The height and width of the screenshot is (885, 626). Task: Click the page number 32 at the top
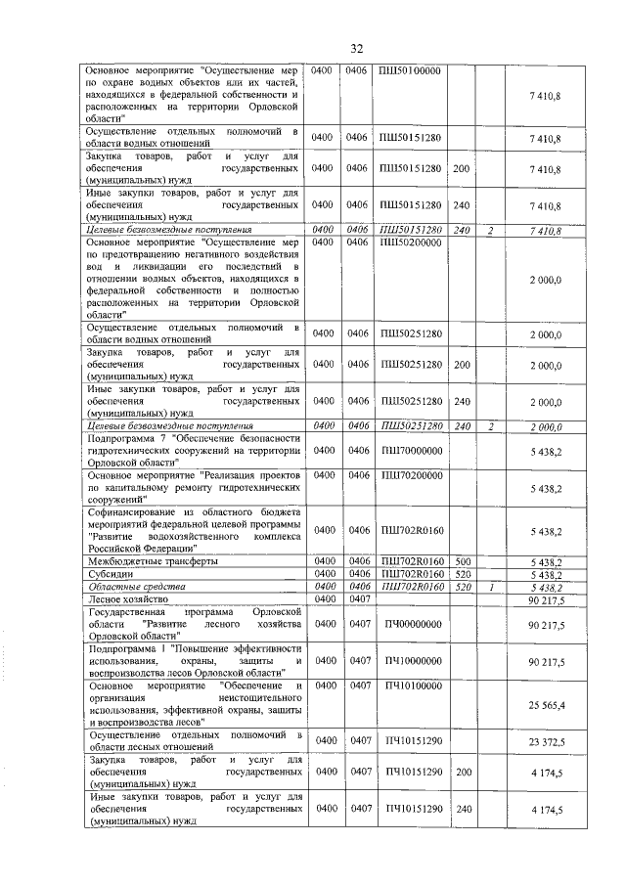coord(357,49)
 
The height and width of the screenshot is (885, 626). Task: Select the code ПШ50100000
coord(412,71)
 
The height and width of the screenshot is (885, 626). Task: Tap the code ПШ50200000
coord(412,242)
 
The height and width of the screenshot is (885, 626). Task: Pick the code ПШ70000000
coord(412,450)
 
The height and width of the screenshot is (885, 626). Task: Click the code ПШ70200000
coord(412,474)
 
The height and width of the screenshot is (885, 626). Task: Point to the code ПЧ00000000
coord(412,623)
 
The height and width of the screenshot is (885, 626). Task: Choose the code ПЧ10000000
coord(412,662)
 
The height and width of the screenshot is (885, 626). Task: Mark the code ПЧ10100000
coord(412,687)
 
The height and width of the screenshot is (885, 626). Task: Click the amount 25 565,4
coord(545,704)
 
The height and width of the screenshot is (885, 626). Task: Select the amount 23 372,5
coord(545,742)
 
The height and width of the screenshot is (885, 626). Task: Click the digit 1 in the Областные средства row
coord(491,586)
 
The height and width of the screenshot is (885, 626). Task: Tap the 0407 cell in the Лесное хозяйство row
coord(363,597)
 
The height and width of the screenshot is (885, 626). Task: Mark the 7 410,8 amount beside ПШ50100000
coord(545,95)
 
